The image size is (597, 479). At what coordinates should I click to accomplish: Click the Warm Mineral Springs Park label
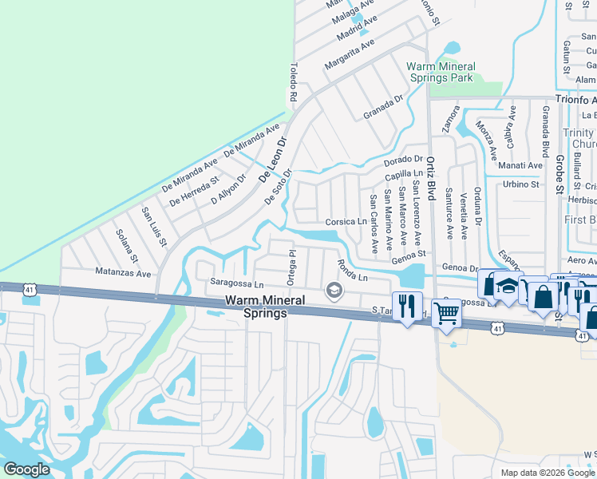(x=441, y=72)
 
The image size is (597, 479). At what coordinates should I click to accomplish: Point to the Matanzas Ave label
(x=123, y=273)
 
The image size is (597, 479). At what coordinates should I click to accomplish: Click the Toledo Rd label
(x=293, y=83)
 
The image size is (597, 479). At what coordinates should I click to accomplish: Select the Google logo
(x=27, y=469)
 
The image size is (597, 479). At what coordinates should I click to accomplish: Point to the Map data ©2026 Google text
(x=548, y=473)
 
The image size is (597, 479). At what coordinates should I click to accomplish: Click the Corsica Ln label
(x=346, y=221)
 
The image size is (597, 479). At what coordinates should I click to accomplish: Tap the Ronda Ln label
(x=351, y=271)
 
